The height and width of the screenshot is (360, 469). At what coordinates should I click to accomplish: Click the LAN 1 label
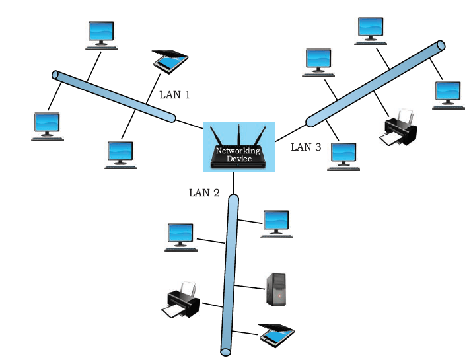click(x=174, y=95)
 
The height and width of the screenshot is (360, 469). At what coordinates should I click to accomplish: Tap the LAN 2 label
click(x=204, y=193)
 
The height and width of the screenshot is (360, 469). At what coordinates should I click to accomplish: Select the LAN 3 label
click(x=306, y=147)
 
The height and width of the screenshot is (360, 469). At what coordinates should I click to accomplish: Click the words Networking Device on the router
click(x=238, y=155)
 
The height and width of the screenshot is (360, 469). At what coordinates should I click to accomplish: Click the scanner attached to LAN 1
click(x=170, y=62)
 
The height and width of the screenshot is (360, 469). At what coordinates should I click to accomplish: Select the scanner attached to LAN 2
click(x=277, y=335)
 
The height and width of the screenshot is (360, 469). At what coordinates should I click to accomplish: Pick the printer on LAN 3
click(x=398, y=127)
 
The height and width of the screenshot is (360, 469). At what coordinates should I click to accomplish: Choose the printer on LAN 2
click(x=180, y=300)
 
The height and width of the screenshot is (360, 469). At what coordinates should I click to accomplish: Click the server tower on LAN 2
click(x=276, y=289)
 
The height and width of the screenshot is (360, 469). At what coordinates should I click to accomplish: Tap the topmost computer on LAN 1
click(x=101, y=35)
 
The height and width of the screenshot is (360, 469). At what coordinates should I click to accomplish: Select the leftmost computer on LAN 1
click(x=48, y=126)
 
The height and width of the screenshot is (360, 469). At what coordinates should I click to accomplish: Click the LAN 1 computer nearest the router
click(x=120, y=155)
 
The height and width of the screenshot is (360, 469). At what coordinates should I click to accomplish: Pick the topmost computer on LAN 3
click(x=371, y=31)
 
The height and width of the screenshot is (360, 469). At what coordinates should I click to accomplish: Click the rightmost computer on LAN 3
click(x=449, y=95)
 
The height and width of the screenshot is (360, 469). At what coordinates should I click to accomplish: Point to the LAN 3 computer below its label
click(x=343, y=157)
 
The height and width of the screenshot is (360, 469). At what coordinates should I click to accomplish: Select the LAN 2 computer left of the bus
click(x=180, y=237)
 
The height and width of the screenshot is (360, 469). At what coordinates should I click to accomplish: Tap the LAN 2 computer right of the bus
click(x=276, y=224)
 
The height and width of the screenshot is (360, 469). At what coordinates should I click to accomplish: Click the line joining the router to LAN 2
click(x=233, y=183)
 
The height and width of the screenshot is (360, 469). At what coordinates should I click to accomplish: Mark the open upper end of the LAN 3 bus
click(x=441, y=46)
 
